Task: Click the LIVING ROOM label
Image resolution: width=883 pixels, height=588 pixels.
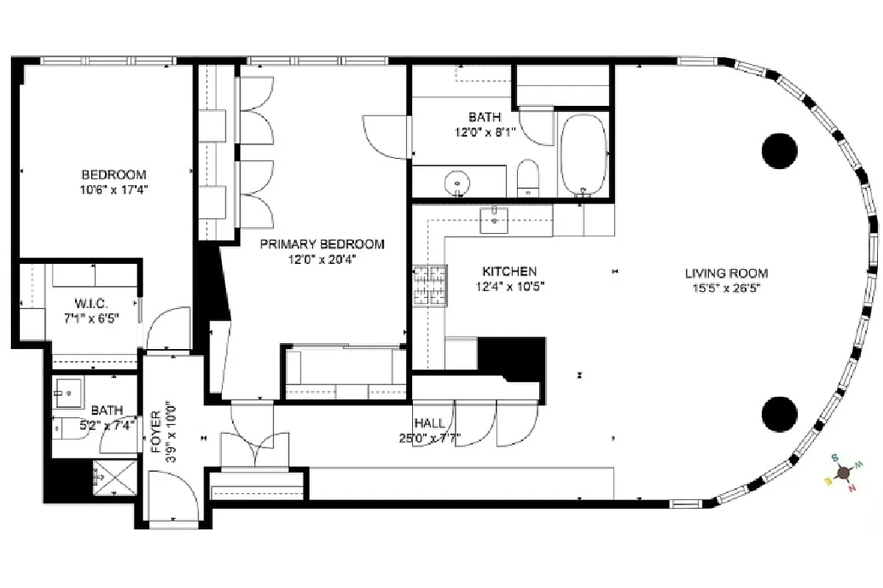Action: click(727, 273)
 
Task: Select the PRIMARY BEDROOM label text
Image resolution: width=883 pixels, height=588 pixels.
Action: click(322, 244)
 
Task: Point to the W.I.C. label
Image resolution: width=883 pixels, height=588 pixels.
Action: click(92, 303)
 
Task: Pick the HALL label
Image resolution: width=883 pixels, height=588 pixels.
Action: click(428, 423)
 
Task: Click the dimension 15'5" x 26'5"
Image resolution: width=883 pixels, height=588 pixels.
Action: click(727, 288)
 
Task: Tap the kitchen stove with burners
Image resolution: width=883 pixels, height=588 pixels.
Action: click(430, 285)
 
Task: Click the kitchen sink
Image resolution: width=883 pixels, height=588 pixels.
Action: click(494, 218)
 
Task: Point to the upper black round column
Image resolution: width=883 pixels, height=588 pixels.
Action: click(779, 151)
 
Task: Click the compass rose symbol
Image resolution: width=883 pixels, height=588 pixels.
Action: click(840, 471)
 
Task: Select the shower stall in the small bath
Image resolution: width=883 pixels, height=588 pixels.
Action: click(115, 478)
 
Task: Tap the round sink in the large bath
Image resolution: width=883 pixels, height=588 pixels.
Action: click(458, 182)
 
